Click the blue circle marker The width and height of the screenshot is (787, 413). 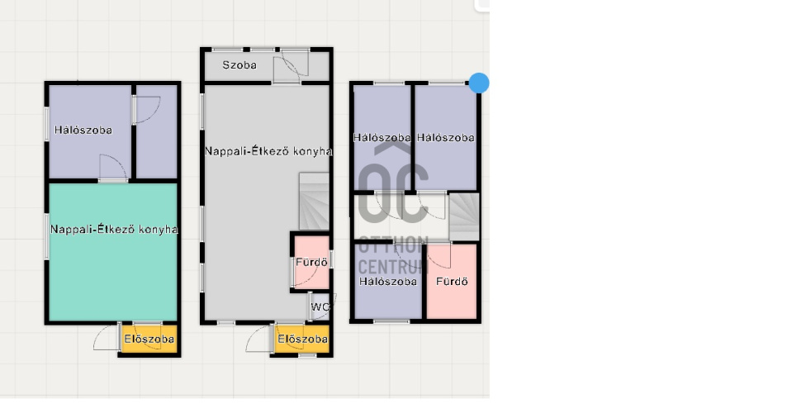pos(479,83)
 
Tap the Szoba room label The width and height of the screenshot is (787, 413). pos(239,64)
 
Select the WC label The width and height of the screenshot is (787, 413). pos(320,306)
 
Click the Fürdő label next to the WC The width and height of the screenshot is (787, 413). pos(311,262)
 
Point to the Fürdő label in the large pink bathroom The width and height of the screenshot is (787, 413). pos(452,282)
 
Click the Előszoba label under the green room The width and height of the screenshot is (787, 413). pos(149,339)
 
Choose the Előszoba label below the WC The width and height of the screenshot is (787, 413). pos(302,339)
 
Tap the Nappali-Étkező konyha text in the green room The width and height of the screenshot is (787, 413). pos(114,230)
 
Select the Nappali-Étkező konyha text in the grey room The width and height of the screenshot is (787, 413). pos(268,151)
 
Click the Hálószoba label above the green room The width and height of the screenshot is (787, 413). pos(83,130)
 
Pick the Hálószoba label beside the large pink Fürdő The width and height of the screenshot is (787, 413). pos(388,282)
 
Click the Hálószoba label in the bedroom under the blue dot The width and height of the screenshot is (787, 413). pos(446,137)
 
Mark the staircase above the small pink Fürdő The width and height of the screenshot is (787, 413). pos(314,202)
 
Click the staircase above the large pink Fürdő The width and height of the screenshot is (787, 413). pos(464,216)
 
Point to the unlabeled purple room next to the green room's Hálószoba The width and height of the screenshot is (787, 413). pos(157,131)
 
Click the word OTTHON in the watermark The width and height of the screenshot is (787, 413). pos(393,244)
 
